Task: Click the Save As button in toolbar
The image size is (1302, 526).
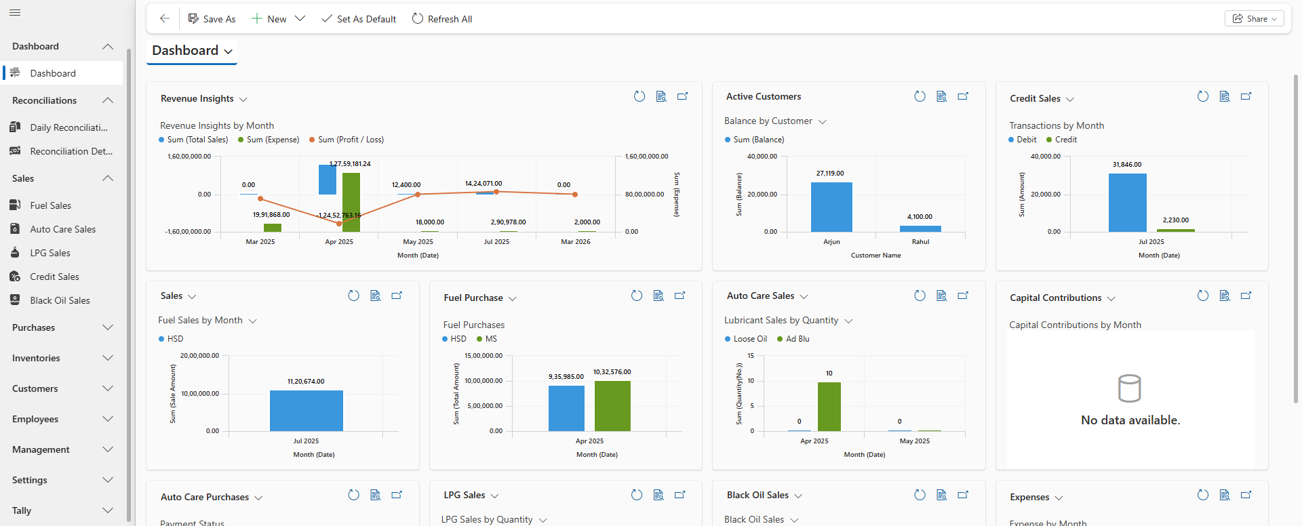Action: pos(212,19)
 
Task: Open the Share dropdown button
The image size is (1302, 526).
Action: pos(1254,19)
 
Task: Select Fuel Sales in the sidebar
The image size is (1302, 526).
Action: pos(50,205)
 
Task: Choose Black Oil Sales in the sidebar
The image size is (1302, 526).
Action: pos(60,300)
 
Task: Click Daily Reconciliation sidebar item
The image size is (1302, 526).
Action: pos(68,127)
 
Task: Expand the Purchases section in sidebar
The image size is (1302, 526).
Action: pos(61,327)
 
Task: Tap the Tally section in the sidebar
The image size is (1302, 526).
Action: pos(61,510)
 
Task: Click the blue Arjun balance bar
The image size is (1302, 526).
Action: pos(831,207)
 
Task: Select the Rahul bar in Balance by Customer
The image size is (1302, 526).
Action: pos(920,228)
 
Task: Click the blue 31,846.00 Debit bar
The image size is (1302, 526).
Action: pos(1127,202)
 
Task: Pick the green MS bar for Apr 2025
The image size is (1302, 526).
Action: pos(612,405)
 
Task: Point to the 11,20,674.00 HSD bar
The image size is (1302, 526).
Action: pos(306,410)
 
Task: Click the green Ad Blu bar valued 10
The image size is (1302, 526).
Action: pos(829,406)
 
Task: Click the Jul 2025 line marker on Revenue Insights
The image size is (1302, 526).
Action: pos(496,192)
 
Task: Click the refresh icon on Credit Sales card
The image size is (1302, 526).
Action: pos(1202,96)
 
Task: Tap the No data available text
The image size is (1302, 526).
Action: pos(1130,420)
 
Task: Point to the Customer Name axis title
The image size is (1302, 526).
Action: pos(875,256)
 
